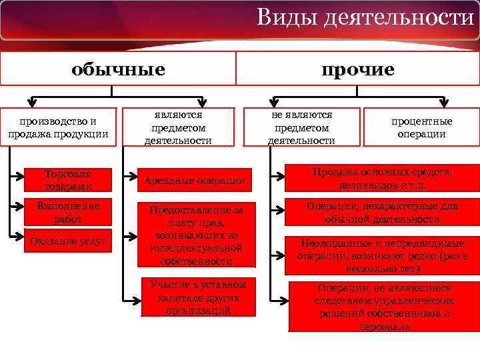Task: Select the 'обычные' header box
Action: pyautogui.click(x=119, y=69)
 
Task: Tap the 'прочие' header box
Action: pyautogui.click(x=357, y=69)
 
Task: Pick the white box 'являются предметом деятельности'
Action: pyautogui.click(x=178, y=127)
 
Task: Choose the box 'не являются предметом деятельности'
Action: pyautogui.click(x=301, y=127)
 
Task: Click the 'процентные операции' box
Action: pyautogui.click(x=421, y=127)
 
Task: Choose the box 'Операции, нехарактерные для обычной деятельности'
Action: pyautogui.click(x=382, y=213)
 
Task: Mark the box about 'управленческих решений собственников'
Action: pyautogui.click(x=383, y=307)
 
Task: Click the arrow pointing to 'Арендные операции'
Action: pyautogui.click(x=132, y=181)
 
